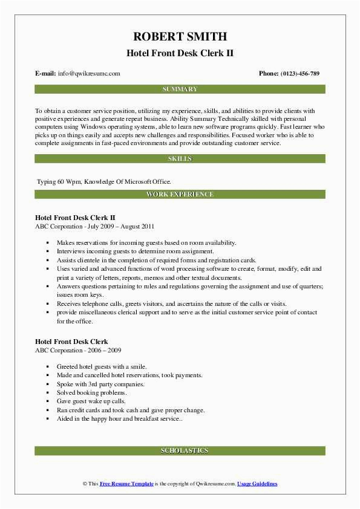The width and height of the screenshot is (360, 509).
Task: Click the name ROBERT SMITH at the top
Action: point(180,36)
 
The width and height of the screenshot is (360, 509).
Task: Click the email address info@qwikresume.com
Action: point(89,73)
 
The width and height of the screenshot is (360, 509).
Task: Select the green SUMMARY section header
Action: point(180,89)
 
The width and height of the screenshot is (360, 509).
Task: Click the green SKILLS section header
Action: point(180,158)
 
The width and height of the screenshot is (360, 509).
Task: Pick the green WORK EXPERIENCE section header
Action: point(180,194)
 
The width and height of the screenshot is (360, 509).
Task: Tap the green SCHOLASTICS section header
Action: point(180,451)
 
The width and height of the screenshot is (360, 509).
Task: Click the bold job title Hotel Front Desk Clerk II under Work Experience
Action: point(75,217)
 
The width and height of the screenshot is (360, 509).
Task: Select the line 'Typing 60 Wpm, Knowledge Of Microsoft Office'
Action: point(104,181)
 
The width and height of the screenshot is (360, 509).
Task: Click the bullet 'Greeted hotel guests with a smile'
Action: point(102,367)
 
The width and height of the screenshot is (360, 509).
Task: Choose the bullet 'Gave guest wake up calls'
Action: point(91,401)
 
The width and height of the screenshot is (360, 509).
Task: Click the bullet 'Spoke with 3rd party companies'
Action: point(100,384)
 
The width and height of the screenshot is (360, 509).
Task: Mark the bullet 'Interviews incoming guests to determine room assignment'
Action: point(135,251)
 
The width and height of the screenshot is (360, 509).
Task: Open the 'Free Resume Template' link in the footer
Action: point(126,484)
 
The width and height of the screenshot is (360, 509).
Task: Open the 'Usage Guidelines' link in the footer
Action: point(257,484)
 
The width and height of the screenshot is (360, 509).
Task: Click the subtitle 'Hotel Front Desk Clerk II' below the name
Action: point(180,53)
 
